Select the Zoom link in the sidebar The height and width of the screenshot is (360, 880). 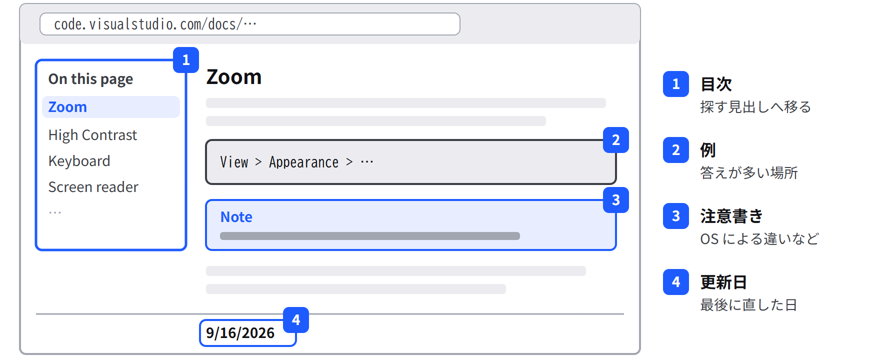67,107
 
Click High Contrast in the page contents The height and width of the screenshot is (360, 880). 92,135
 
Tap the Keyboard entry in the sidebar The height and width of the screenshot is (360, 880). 79,161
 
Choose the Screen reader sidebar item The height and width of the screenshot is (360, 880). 93,187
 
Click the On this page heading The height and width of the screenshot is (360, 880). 90,79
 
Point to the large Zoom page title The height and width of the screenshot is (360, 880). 234,77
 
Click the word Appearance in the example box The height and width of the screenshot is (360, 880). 303,162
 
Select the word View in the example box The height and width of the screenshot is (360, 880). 234,162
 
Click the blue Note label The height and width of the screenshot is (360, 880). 236,217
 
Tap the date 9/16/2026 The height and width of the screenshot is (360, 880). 240,333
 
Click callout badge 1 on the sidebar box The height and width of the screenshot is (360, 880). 186,60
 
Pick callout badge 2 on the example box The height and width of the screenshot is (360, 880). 616,140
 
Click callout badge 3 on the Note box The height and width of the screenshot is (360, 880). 616,200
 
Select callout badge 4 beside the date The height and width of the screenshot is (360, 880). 296,320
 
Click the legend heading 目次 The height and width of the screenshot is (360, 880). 716,84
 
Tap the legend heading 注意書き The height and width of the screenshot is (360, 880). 731,216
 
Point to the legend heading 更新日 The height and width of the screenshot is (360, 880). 723,282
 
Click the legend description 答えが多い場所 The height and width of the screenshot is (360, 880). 749,173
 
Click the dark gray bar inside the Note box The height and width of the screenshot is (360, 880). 370,236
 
